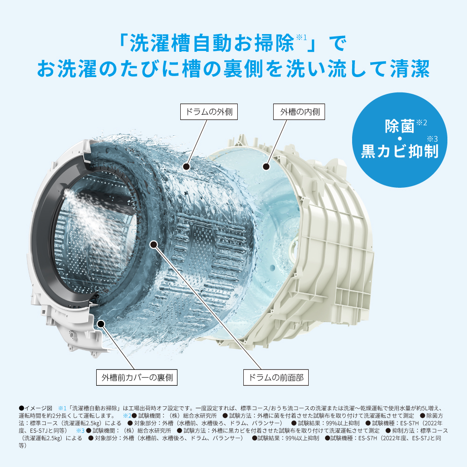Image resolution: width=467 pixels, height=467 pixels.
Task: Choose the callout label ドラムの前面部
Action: [276, 377]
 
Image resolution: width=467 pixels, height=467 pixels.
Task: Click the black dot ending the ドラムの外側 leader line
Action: [186, 166]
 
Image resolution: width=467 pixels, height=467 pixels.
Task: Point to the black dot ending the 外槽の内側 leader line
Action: [266, 166]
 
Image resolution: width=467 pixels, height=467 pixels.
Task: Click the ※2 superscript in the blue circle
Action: [421, 122]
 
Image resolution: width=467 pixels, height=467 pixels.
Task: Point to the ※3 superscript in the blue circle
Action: [432, 138]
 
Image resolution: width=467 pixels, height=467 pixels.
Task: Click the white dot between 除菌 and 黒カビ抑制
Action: [399, 139]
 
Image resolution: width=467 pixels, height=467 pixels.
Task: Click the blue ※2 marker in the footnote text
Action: [127, 415]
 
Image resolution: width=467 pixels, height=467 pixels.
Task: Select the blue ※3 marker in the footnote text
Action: [80, 430]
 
